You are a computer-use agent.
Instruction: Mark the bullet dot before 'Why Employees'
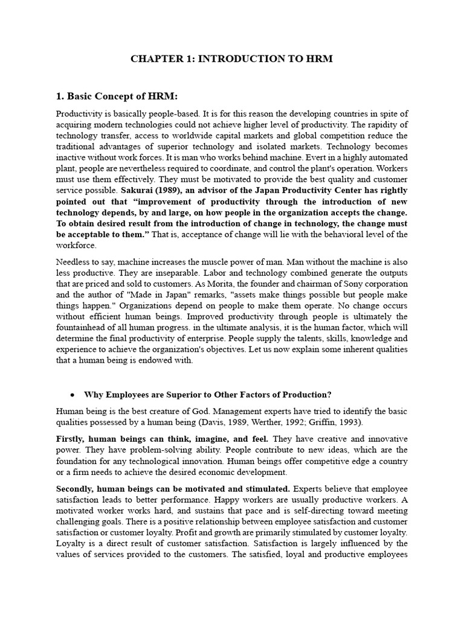click(72, 395)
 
